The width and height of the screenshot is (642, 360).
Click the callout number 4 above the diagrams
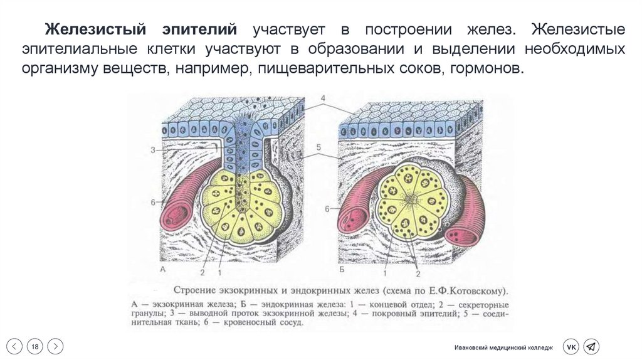click(x=323, y=99)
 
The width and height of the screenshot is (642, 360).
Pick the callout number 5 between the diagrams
click(x=319, y=147)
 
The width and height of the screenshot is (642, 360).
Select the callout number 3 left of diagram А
click(x=152, y=149)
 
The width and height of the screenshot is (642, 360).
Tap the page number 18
click(x=35, y=346)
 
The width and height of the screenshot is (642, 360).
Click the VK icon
click(x=571, y=347)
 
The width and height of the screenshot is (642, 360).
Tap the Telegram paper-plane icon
click(x=591, y=347)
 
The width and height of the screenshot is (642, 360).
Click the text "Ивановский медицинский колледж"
click(x=504, y=347)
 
